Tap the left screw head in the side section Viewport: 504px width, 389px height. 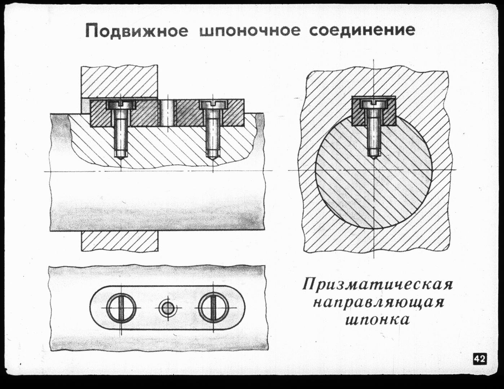click(121, 105)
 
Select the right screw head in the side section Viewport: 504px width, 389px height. click(213, 105)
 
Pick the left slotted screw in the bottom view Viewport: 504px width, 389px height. click(121, 308)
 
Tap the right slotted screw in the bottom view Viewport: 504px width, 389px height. click(213, 308)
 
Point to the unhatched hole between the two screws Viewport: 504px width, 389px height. click(167, 113)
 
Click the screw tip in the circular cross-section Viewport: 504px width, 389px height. click(373, 158)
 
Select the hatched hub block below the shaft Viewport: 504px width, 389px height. click(120, 241)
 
